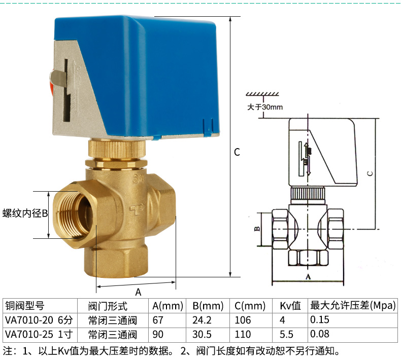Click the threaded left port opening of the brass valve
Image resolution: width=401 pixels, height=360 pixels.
pyautogui.click(x=75, y=213)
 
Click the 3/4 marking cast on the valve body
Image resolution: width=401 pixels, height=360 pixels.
pyautogui.click(x=139, y=178)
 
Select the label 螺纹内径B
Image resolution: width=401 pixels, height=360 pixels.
pyautogui.click(x=25, y=213)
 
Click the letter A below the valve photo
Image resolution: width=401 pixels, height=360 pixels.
pyautogui.click(x=138, y=292)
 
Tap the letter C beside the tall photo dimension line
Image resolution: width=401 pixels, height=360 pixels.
pyautogui.click(x=237, y=152)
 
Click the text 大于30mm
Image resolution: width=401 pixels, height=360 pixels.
pyautogui.click(x=265, y=107)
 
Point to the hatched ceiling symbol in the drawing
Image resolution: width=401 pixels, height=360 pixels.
pyautogui.click(x=262, y=94)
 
